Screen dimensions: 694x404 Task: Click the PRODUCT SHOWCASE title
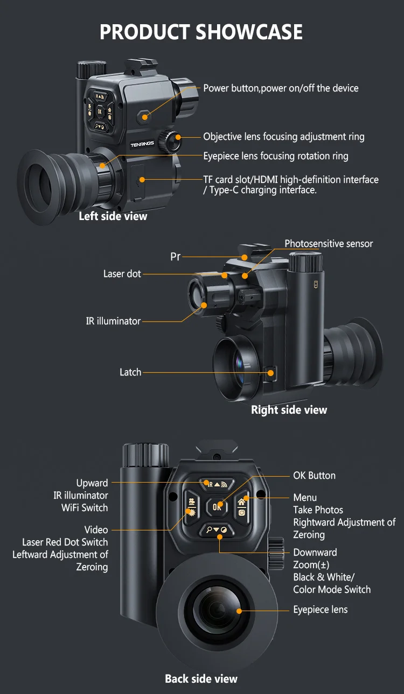(x=201, y=32)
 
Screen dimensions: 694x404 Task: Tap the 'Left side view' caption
(x=113, y=216)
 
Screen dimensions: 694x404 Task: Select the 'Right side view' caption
(x=289, y=410)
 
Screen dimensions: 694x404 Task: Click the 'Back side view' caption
(x=201, y=679)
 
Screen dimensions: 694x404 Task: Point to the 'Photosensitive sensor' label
(x=329, y=244)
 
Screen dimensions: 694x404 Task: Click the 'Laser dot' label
(x=122, y=274)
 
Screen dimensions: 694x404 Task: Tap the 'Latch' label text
(x=130, y=372)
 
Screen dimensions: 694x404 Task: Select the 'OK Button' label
(x=314, y=476)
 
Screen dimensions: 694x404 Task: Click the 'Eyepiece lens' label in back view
(x=320, y=610)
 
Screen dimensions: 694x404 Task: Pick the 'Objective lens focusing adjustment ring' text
(x=283, y=137)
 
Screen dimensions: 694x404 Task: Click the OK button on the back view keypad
(x=217, y=506)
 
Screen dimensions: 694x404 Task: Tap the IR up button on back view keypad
(x=217, y=484)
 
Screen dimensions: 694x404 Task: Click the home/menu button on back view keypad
(x=242, y=506)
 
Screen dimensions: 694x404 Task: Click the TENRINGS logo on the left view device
(x=142, y=144)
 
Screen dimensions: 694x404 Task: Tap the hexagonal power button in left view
(x=143, y=115)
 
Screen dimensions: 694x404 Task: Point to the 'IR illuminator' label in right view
(x=113, y=321)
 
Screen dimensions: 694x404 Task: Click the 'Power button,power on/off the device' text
(x=281, y=88)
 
